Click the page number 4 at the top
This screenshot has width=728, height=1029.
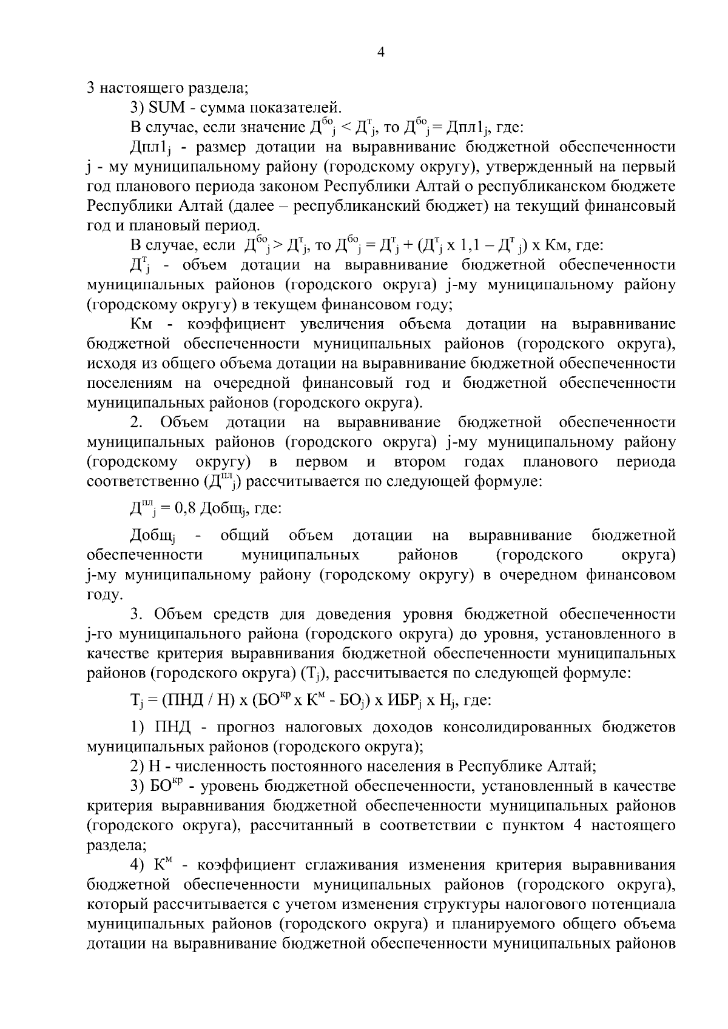pyautogui.click(x=380, y=53)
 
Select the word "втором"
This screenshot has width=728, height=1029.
pyautogui.click(x=420, y=462)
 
